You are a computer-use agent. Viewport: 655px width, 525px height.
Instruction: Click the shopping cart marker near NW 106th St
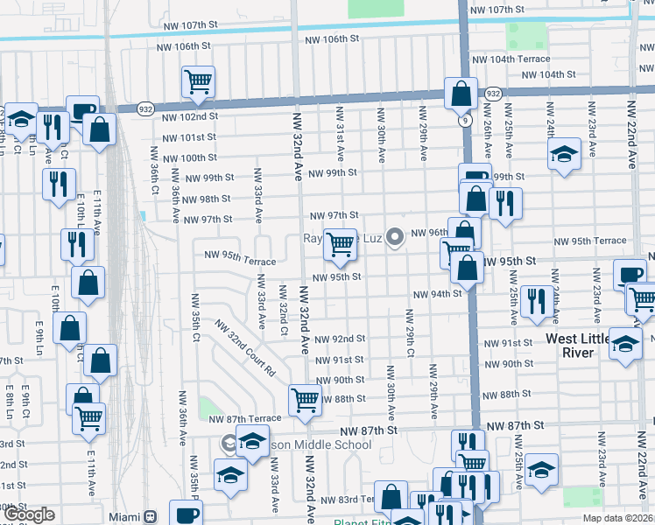click(199, 81)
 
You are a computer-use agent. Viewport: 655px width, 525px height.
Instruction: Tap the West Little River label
click(582, 345)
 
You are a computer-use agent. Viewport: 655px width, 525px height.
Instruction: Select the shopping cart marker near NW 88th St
click(305, 399)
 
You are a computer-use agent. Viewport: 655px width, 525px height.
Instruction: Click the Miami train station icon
click(150, 516)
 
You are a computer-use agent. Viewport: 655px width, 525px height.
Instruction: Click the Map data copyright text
click(617, 518)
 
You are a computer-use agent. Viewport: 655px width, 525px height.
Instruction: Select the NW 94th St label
click(437, 294)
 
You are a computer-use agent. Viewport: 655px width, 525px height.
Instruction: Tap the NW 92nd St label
click(339, 339)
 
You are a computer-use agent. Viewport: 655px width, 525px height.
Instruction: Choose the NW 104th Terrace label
click(511, 59)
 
